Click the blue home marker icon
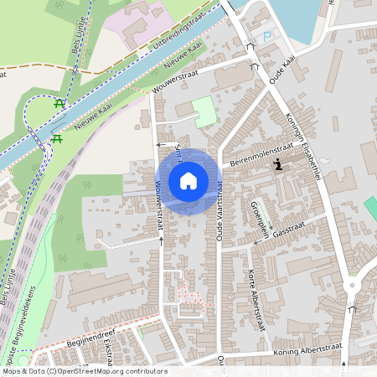[x=188, y=180]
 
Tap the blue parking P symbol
[x=267, y=37]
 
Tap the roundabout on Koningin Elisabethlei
[x=352, y=286]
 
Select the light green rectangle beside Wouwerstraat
[x=204, y=111]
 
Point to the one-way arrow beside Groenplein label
[x=256, y=204]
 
